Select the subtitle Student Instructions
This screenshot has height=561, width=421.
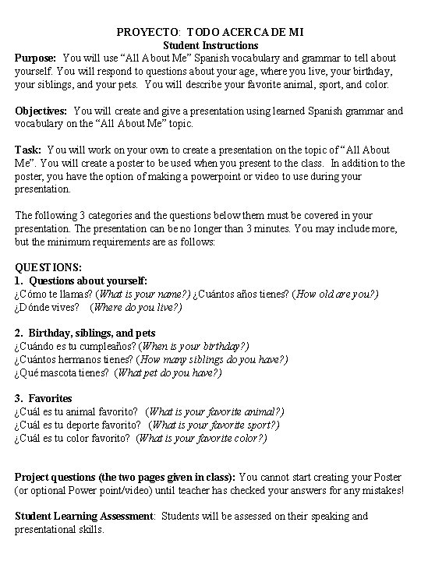pyautogui.click(x=210, y=45)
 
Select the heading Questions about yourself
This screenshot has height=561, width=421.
pyautogui.click(x=87, y=280)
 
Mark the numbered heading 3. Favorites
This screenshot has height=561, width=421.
pyautogui.click(x=44, y=399)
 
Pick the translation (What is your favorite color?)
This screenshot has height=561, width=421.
pyautogui.click(x=202, y=438)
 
